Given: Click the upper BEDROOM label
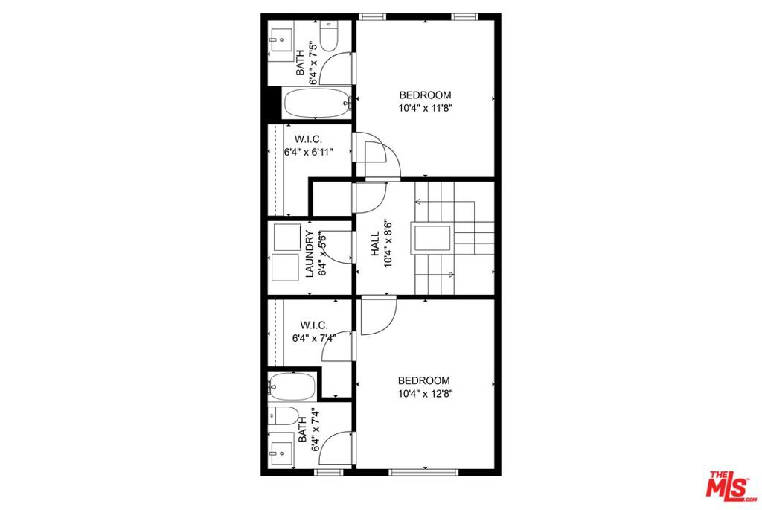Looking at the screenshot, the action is coord(425,95).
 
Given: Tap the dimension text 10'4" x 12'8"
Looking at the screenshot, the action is coord(425,394).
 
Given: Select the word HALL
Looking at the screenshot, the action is coord(375,244).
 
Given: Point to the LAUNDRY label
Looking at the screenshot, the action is coord(310,254).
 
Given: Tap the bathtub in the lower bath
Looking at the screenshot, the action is coord(292,386).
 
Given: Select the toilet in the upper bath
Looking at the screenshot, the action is coord(329,37).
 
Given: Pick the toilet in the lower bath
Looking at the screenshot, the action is coord(284,415).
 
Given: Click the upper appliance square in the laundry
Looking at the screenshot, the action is coord(286,237).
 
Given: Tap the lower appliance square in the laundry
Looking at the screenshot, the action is coord(285,267).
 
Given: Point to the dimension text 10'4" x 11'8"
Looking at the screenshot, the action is coord(425,108).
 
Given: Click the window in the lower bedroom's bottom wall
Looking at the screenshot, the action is coord(424,472).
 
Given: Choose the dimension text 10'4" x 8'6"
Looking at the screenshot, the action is coord(388,244).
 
